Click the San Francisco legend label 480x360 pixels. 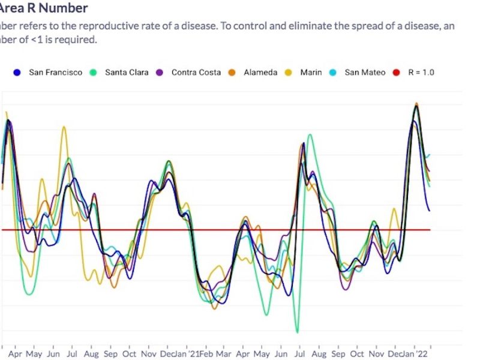[x=56, y=73]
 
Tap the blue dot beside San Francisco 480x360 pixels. [x=17, y=73]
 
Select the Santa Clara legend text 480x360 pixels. [x=127, y=73]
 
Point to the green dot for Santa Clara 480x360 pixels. [x=94, y=73]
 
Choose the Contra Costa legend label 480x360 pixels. [x=196, y=73]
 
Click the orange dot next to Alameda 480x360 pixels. [x=232, y=73]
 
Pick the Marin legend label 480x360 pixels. [x=311, y=73]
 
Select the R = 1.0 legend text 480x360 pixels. [x=421, y=73]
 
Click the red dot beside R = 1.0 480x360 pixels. [x=395, y=73]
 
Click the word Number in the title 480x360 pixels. [x=58, y=8]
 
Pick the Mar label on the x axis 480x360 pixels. [x=224, y=355]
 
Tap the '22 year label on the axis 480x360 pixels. [x=424, y=355]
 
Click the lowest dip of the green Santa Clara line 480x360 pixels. [x=297, y=332]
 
